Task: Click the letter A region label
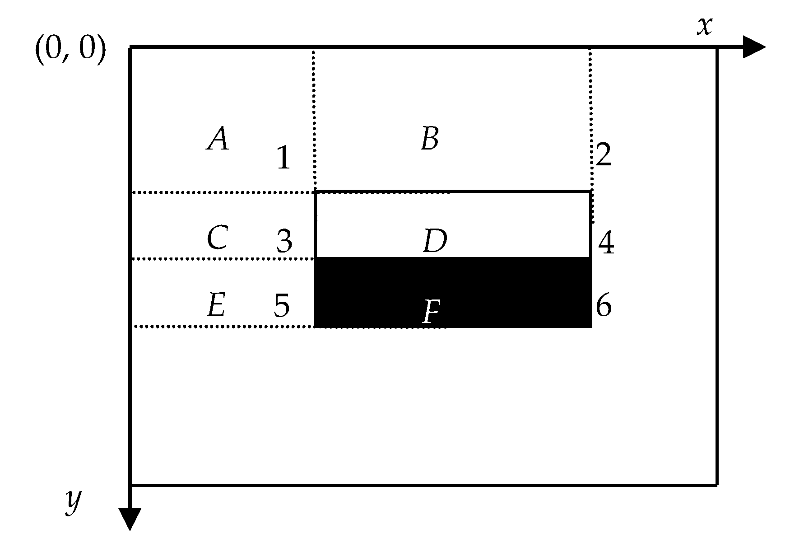(x=218, y=139)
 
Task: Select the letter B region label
(x=430, y=139)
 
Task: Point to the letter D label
(x=435, y=241)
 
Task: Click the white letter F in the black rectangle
(x=431, y=312)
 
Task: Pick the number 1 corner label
(x=283, y=158)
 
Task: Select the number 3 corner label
(x=284, y=241)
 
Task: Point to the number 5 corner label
(x=282, y=306)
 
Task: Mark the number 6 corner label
(x=604, y=306)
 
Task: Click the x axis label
(x=704, y=26)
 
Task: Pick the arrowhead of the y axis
(x=130, y=518)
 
